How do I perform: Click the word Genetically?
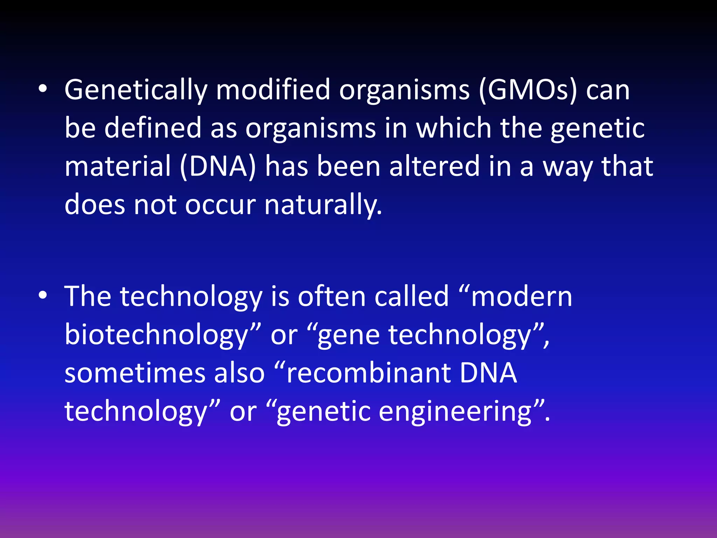[x=136, y=90]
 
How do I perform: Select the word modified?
[x=273, y=90]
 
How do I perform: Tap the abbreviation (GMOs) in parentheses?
[x=528, y=90]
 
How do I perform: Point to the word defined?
[x=153, y=128]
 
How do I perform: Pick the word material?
[x=118, y=166]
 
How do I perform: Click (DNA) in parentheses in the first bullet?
[x=218, y=166]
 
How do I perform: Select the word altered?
[x=434, y=166]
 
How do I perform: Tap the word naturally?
[x=323, y=205]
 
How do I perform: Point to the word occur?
[x=220, y=205]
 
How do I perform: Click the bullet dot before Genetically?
[x=43, y=89]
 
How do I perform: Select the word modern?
[x=521, y=297]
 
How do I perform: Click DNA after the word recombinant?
[x=488, y=373]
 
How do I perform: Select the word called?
[x=411, y=297]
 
